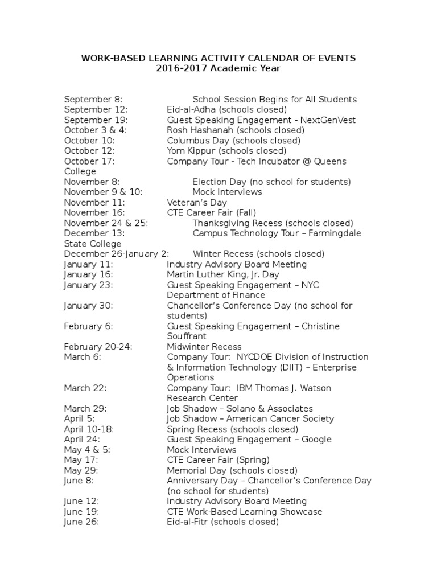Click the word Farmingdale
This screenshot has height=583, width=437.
point(334,233)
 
